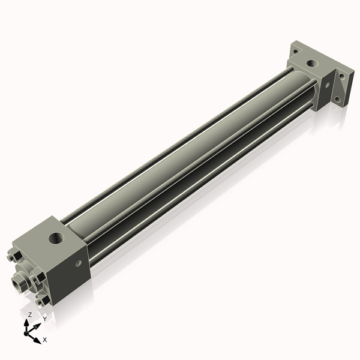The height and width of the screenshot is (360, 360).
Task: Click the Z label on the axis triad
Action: pos(29,315)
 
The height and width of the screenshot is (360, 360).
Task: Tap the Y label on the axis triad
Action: pos(44,319)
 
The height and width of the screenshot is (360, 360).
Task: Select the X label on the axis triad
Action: pos(45,340)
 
